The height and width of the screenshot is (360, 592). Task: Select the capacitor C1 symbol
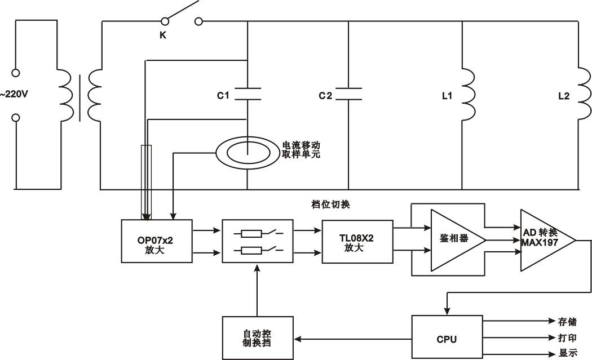click(248, 94)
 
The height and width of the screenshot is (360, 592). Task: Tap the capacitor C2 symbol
click(348, 94)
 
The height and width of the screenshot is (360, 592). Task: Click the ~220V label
click(14, 95)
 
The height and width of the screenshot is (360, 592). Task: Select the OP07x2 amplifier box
click(157, 241)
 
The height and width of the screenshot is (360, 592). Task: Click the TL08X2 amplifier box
click(357, 241)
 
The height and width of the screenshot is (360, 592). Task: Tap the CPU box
click(447, 339)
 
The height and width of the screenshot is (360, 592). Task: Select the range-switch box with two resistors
click(258, 241)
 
